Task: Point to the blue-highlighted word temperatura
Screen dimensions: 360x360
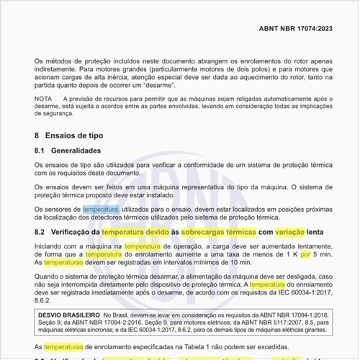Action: coord(100,209)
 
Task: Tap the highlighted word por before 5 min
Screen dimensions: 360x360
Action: coord(305,255)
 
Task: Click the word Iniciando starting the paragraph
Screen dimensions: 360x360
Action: coord(52,246)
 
